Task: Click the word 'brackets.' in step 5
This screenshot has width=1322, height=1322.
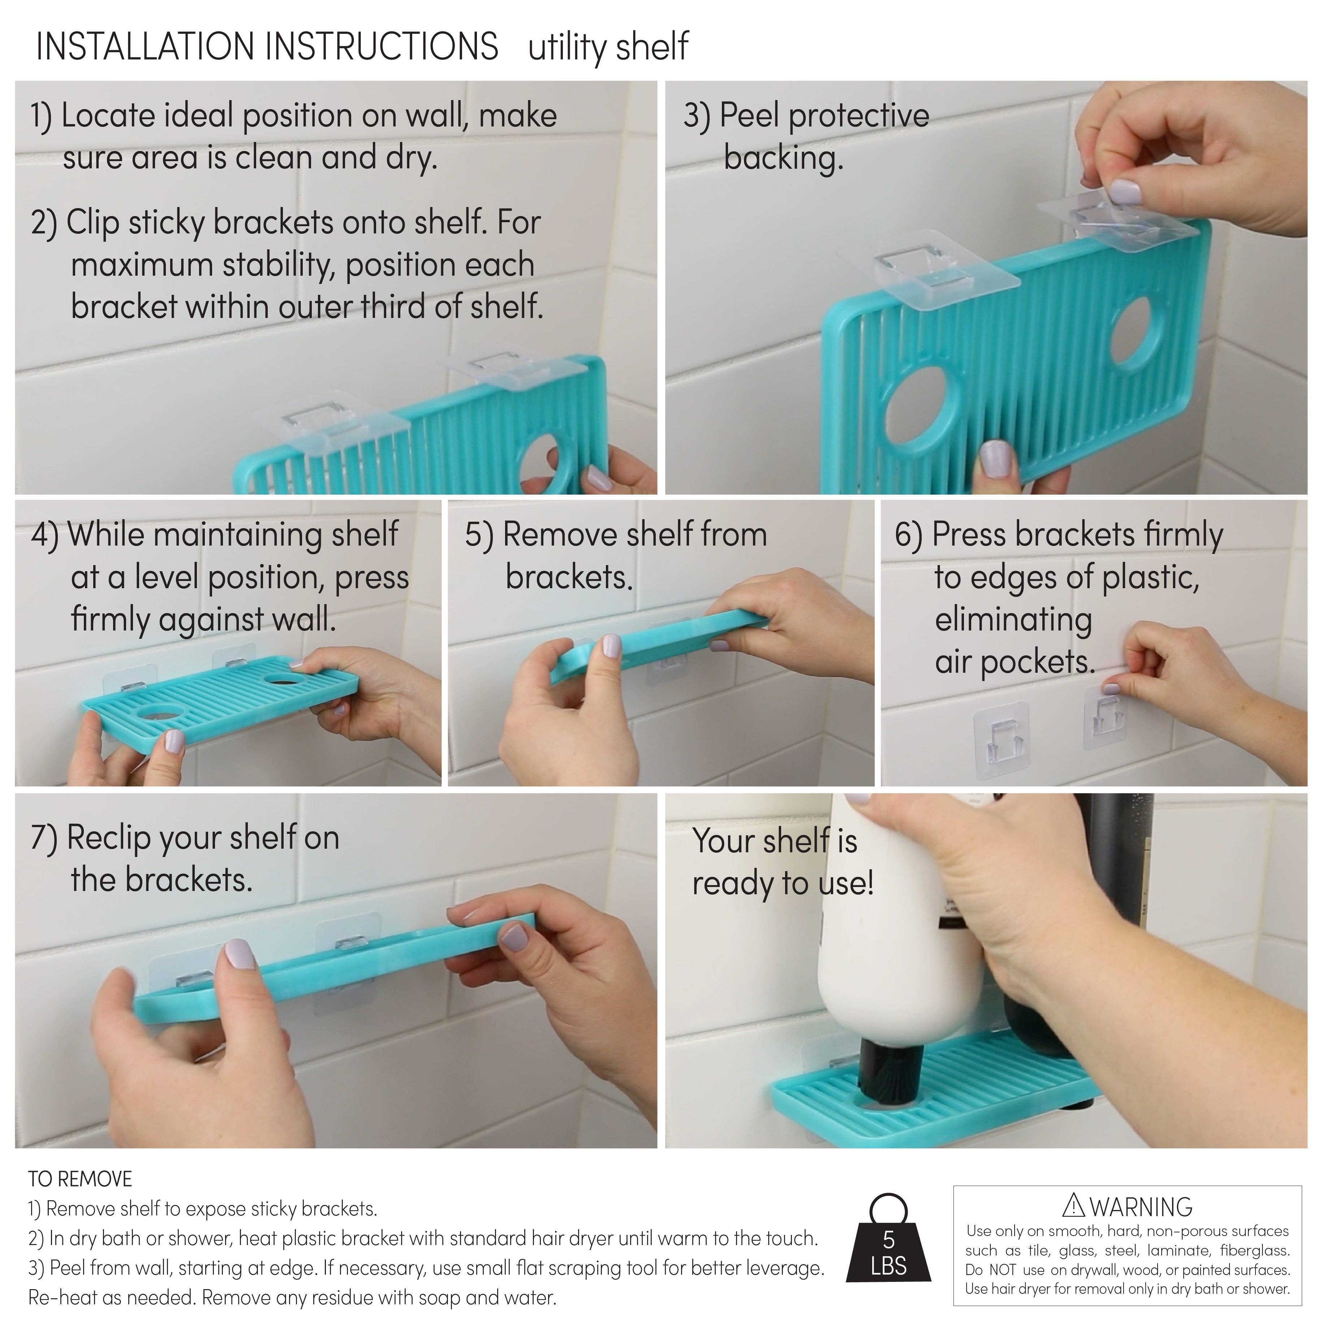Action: click(x=569, y=577)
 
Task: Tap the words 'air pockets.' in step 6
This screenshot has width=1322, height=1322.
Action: click(x=1015, y=662)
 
